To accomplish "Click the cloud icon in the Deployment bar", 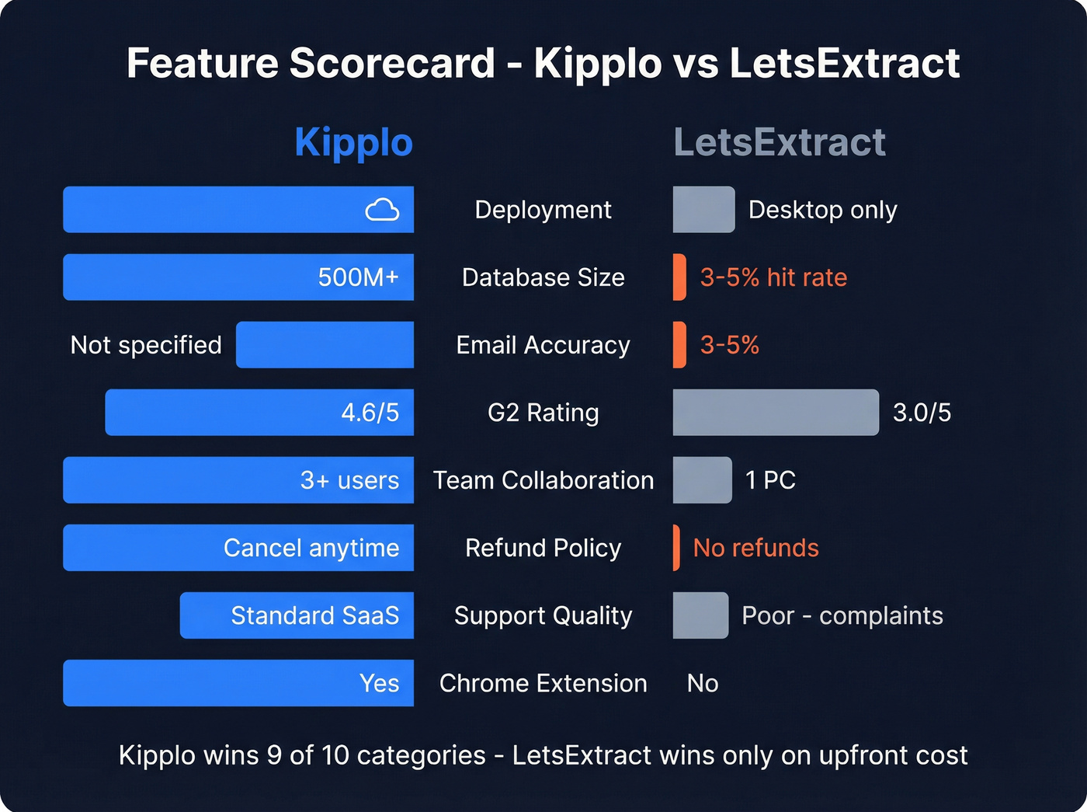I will [382, 210].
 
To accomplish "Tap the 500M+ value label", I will [358, 277].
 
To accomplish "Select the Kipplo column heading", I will [353, 143].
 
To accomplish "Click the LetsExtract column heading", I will [780, 143].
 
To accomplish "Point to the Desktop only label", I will [822, 210].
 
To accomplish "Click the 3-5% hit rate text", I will [773, 277].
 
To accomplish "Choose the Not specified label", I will [146, 345].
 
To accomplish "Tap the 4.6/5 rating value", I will [370, 413].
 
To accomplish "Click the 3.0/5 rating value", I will [922, 413].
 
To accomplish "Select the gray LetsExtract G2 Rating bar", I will [775, 413].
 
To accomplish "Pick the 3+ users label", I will [349, 480].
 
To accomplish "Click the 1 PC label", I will [770, 480].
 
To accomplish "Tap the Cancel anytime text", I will [311, 548].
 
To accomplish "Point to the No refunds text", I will [755, 548].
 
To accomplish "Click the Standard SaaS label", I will [314, 615].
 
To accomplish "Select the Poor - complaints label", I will [842, 615].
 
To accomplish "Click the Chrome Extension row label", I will [543, 683].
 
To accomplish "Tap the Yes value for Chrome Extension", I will [379, 683].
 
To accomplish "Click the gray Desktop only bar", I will [703, 210].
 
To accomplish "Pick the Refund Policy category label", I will [543, 548].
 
